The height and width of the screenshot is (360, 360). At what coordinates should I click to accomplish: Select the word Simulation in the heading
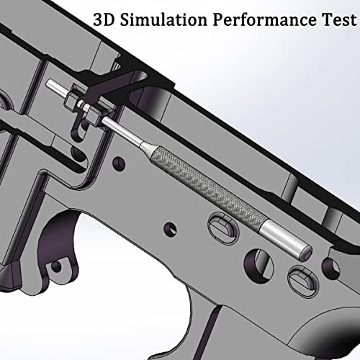click(x=163, y=19)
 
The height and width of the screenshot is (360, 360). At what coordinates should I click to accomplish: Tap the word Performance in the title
click(x=265, y=19)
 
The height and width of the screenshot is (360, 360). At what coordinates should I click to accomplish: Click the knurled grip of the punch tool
click(x=207, y=186)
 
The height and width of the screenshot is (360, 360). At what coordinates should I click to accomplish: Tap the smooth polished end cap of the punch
click(x=286, y=240)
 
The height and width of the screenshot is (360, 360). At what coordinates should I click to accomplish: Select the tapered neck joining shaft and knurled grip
click(x=146, y=146)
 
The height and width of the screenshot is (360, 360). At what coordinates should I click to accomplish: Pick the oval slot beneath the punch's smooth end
click(x=303, y=282)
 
